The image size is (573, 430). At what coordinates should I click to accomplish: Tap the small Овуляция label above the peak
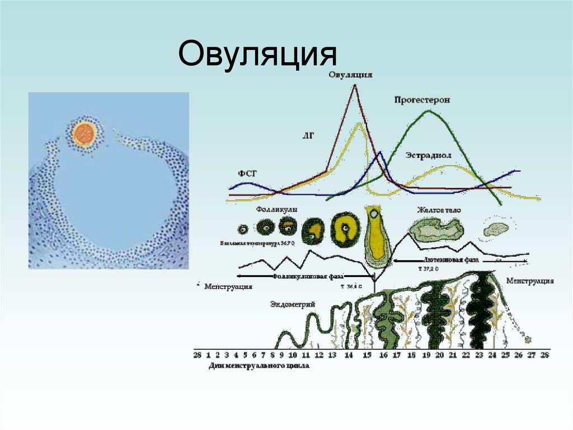[351, 75]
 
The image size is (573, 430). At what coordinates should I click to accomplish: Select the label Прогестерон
[422, 99]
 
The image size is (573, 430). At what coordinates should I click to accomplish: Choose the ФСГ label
[247, 174]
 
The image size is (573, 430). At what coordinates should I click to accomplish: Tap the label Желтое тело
[438, 210]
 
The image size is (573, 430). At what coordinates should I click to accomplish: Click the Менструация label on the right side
[529, 280]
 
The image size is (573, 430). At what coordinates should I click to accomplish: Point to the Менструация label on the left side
[228, 286]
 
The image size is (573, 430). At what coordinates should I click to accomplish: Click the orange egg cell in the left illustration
[84, 135]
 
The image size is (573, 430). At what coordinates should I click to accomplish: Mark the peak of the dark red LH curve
[354, 85]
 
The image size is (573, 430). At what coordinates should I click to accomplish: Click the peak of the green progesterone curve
[429, 110]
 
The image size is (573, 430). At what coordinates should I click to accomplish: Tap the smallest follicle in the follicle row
[243, 229]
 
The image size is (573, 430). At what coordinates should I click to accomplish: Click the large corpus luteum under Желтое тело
[436, 230]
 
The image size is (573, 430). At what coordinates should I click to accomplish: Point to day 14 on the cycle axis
[348, 355]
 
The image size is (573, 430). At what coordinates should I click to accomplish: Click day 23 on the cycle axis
[480, 355]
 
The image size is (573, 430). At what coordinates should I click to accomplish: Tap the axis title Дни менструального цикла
[259, 366]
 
